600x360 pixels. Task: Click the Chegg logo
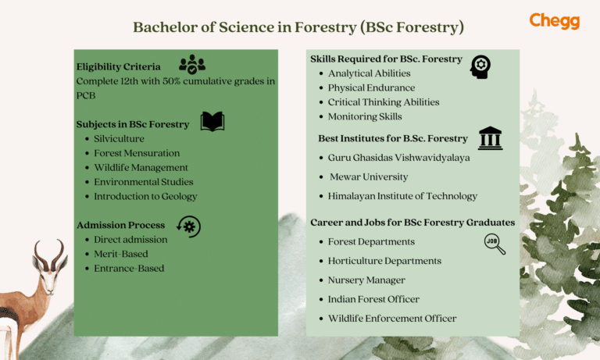(554, 21)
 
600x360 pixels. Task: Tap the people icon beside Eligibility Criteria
(191, 65)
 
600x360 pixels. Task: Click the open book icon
(212, 122)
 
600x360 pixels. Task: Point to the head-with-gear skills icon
(480, 66)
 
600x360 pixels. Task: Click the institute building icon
(490, 138)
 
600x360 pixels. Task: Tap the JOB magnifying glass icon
(494, 244)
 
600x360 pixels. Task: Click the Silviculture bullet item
(119, 138)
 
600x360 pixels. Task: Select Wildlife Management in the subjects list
(141, 167)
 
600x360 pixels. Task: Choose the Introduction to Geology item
(145, 196)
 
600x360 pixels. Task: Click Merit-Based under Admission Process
(120, 254)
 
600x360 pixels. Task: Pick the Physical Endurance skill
(371, 87)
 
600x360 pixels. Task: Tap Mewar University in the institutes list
(369, 177)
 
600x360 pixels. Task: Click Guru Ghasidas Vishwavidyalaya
(398, 158)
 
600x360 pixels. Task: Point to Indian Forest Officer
(373, 299)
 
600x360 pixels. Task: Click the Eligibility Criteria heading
(118, 66)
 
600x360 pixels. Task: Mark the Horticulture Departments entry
(384, 261)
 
